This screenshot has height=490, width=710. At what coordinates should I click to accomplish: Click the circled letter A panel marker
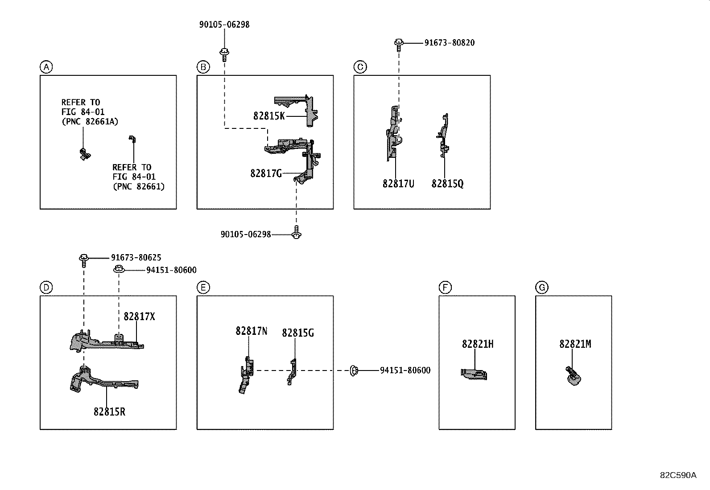(46, 67)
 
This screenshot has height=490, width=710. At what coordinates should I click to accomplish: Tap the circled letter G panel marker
(541, 288)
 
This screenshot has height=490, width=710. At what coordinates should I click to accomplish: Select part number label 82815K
(269, 116)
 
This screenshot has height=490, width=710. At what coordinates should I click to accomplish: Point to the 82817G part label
(266, 173)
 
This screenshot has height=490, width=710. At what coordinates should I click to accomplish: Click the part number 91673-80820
(449, 43)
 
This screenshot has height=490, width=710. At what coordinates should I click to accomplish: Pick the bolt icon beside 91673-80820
(399, 43)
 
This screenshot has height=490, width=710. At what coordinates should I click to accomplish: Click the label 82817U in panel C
(398, 183)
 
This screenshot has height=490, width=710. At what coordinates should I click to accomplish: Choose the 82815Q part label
(447, 183)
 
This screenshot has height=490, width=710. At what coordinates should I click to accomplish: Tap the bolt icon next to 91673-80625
(83, 258)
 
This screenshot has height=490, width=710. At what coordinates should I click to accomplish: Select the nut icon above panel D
(119, 269)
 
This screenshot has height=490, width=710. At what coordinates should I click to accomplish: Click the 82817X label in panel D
(139, 317)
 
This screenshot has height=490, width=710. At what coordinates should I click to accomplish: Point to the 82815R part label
(109, 412)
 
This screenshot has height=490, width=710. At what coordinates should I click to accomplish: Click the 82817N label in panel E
(252, 331)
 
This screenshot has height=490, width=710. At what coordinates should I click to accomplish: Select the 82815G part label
(297, 333)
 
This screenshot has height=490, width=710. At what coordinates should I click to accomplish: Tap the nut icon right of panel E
(354, 370)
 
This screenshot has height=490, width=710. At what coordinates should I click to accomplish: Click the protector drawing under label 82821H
(474, 374)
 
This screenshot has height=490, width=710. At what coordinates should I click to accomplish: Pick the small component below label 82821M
(573, 375)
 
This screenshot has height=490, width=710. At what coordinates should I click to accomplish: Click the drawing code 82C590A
(678, 475)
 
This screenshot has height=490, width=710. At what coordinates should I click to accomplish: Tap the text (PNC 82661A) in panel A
(90, 122)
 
